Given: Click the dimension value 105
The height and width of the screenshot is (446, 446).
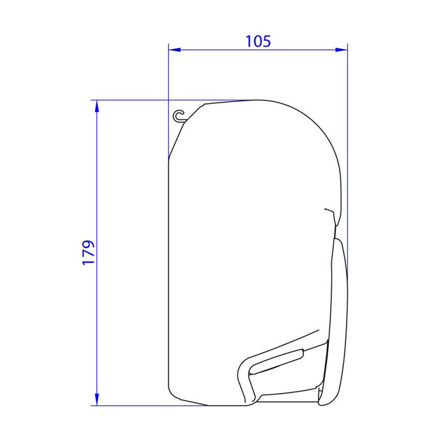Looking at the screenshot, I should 258,41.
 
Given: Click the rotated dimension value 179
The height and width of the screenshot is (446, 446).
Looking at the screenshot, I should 89,252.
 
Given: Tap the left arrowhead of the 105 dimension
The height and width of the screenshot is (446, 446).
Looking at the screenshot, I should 173,49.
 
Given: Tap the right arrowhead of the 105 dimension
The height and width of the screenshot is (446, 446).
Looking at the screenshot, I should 343,49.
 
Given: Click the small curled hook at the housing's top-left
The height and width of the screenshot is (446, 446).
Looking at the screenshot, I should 179,115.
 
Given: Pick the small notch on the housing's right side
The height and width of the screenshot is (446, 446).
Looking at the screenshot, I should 329,211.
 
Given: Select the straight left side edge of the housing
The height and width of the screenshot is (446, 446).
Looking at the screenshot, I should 168,268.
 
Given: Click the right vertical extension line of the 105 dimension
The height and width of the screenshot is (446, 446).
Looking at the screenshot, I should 347,159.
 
